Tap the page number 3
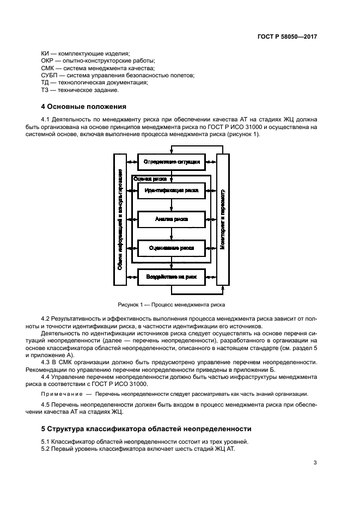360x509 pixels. tap(315, 463)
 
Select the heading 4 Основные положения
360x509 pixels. tap(84, 107)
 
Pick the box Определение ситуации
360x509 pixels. tap(171, 162)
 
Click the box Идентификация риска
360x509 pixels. tap(171, 191)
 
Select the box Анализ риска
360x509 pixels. tap(171, 219)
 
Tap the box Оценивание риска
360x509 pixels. tap(171, 248)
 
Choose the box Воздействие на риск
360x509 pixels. tap(171, 277)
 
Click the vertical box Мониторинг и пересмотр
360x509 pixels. tap(222, 219)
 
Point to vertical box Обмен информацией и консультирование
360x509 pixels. tap(120, 219)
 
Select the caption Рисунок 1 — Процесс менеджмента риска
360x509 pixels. tap(171, 305)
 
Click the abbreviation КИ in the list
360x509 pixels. tap(46, 53)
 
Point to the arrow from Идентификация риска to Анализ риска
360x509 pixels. tap(171, 205)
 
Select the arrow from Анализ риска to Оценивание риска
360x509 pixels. tap(171, 234)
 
